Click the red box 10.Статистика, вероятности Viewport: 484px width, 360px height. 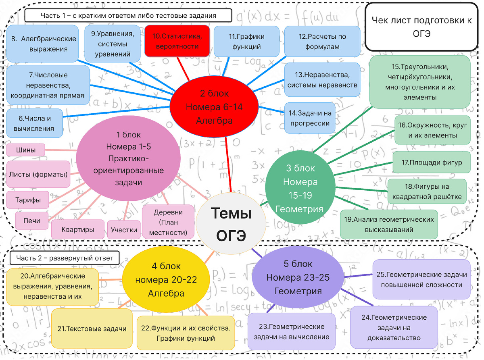click(177, 41)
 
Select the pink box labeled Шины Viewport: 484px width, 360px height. click(26, 150)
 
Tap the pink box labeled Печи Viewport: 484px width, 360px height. click(31, 221)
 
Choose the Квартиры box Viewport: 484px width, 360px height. click(78, 229)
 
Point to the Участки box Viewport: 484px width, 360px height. click(124, 230)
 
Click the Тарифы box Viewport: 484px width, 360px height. click(28, 200)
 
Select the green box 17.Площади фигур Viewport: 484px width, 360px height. click(432, 162)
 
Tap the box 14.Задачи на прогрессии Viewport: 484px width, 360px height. click(310, 118)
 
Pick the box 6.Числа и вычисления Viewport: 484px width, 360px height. click(34, 123)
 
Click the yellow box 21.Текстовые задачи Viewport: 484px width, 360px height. click(92, 329)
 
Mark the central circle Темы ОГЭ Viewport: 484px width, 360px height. click(231, 223)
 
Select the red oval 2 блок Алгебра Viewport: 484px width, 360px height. click(214, 107)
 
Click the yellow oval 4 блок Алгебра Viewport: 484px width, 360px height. click(166, 279)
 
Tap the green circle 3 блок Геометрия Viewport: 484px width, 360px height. click(300, 187)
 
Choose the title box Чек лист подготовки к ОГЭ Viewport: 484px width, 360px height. click(421, 27)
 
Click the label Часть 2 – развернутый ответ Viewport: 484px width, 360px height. click(65, 258)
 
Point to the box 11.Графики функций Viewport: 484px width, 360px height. click(246, 42)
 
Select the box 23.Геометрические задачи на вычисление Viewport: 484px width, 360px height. click(291, 332)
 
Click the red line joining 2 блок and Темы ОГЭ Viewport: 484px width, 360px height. click(228, 165)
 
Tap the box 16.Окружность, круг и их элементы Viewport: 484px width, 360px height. click(432, 130)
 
